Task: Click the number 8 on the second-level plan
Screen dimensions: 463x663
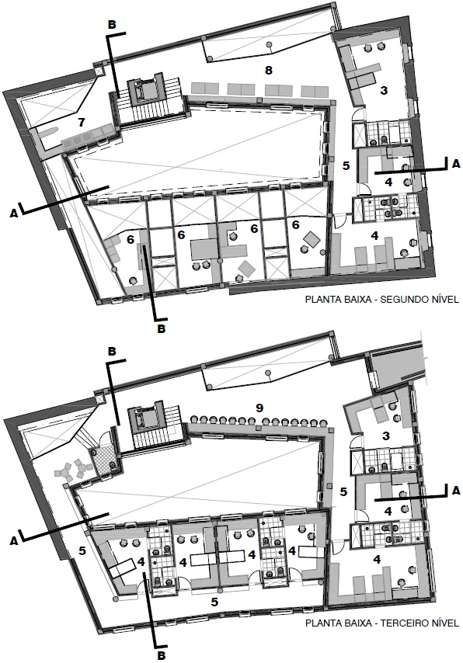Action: pos(268,70)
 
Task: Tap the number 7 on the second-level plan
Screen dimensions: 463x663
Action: pos(82,123)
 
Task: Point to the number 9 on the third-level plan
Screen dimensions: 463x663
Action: pos(260,408)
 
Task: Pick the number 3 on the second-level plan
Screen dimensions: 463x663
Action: pos(384,90)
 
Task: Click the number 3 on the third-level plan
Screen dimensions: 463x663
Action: pos(385,435)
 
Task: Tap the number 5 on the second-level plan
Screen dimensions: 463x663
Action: pos(346,166)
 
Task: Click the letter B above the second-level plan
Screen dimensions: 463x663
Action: pos(111,25)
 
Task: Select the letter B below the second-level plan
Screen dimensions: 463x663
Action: pos(161,328)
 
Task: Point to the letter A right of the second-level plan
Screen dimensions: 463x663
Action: pos(455,164)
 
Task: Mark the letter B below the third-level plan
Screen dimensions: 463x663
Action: pos(161,655)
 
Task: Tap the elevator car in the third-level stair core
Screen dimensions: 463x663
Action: pos(146,418)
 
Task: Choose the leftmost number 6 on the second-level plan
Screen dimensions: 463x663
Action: pos(131,240)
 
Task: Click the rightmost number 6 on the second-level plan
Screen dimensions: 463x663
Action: pos(296,226)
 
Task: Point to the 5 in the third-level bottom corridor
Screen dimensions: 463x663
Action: pos(214,602)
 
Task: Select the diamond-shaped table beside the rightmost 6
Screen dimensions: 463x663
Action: pos(312,238)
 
